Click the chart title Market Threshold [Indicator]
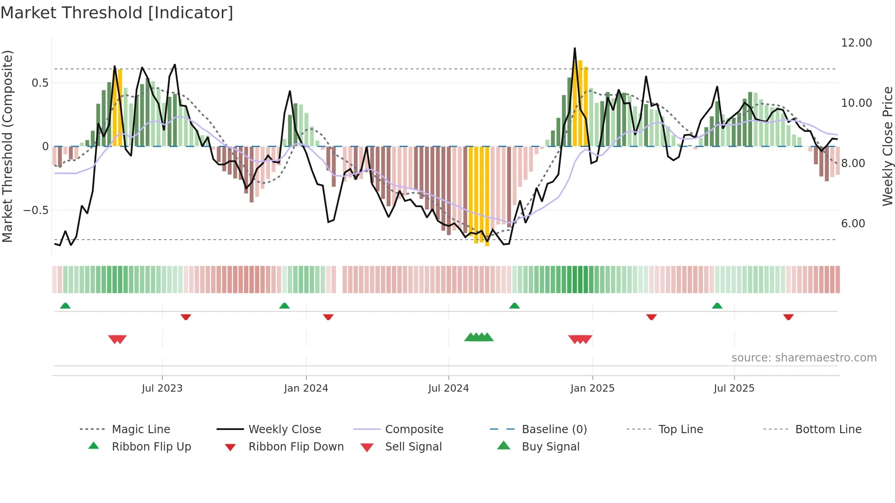[117, 13]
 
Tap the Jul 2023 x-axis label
[162, 388]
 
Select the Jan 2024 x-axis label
[305, 388]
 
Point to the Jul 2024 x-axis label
[448, 388]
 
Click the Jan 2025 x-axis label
[592, 388]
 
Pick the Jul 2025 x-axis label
[734, 388]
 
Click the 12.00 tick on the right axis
[856, 43]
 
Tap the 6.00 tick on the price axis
[853, 224]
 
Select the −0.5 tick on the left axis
[36, 210]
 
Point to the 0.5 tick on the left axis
[40, 83]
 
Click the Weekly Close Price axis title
[887, 146]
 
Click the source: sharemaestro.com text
[804, 358]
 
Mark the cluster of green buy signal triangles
[479, 338]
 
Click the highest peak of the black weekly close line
[574, 48]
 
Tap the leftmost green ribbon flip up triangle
[65, 306]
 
